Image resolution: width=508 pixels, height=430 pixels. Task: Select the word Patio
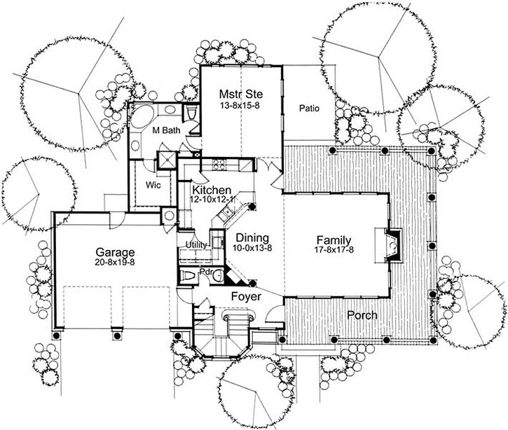tap(309, 109)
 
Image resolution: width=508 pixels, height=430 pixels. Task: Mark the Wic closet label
tap(154, 185)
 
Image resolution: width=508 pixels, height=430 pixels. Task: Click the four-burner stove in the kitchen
tap(218, 166)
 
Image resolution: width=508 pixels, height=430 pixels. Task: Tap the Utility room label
tap(195, 245)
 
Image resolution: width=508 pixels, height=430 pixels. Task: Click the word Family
tap(334, 239)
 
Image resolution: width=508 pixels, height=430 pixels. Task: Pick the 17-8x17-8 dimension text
tap(334, 250)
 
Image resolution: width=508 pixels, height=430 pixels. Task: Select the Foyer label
tap(247, 297)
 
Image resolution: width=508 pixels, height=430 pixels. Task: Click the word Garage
tap(116, 251)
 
